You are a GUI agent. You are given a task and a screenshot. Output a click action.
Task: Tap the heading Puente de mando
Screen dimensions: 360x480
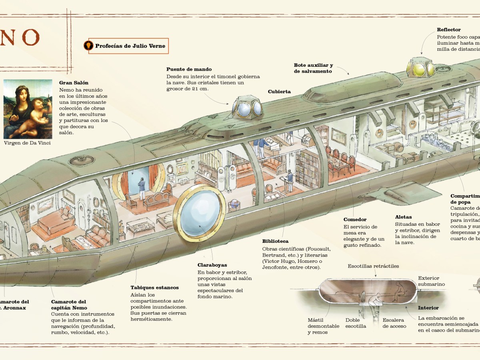coord(189,69)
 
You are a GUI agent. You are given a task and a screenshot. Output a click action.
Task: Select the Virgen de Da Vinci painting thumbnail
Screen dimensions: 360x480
coord(28,109)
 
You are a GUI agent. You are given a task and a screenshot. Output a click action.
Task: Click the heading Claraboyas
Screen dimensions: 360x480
coord(212,265)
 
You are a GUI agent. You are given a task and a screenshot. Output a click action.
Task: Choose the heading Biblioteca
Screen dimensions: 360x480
coord(275,241)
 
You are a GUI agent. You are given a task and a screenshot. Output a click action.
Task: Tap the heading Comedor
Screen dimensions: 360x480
coord(355,219)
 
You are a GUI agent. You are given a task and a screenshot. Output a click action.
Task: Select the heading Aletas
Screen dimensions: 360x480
coord(403,217)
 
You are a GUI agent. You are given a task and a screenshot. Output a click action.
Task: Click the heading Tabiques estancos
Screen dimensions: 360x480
coord(154,287)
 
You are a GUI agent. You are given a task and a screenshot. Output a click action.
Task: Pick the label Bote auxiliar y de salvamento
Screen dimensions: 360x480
coord(313,68)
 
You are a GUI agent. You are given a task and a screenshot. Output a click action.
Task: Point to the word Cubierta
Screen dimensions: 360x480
coord(279,92)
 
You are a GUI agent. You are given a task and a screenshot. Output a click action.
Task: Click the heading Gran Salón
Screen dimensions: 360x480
coord(73,83)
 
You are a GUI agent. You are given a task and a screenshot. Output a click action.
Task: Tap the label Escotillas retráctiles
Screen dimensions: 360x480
coord(373,266)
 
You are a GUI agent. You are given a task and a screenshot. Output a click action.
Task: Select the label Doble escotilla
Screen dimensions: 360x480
coord(356,323)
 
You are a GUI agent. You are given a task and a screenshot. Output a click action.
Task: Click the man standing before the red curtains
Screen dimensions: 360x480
coord(142,188)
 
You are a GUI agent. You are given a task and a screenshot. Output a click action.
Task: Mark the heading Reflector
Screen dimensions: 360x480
coord(449,30)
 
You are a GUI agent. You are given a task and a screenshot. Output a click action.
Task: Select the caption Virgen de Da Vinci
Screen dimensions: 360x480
coord(27,143)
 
